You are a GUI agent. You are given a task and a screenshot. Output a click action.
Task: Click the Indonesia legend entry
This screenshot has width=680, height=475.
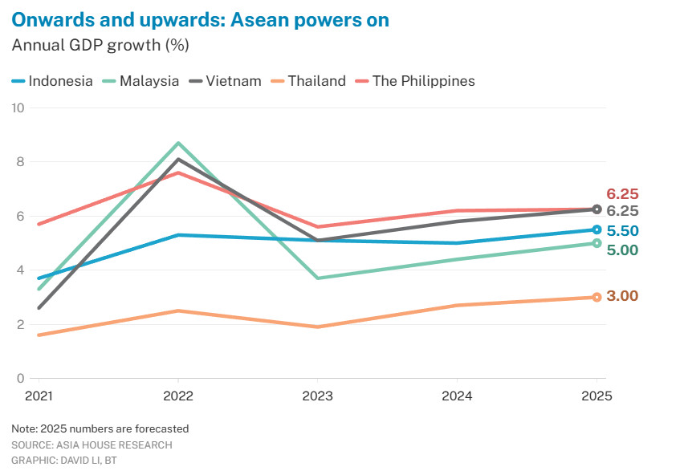coord(53,81)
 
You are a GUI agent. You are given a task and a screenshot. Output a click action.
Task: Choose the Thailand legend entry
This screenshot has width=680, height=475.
coord(308,81)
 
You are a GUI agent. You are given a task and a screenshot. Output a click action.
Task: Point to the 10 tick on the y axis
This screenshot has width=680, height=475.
coord(18,108)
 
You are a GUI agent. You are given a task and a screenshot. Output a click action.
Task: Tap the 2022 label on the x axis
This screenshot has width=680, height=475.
coord(178,396)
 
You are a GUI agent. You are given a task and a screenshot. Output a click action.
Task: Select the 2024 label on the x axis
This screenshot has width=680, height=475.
coord(457,396)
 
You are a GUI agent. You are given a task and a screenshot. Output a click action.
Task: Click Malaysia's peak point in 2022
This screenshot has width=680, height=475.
coord(178,143)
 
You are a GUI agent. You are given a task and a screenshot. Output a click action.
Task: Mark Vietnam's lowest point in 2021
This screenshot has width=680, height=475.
coord(39,307)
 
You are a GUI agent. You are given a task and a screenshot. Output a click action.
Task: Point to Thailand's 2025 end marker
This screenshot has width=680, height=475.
coord(597,297)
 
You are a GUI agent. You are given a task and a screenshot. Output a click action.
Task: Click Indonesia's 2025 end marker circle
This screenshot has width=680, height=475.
coord(597,229)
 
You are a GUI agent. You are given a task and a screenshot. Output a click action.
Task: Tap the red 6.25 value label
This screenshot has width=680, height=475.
coord(622,194)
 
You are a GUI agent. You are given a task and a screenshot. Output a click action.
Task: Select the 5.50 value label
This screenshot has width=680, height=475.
coord(622,231)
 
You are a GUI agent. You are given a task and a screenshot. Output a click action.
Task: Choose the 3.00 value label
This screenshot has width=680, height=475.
coord(622,296)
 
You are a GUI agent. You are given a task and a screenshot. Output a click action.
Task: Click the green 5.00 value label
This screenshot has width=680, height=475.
coord(622,250)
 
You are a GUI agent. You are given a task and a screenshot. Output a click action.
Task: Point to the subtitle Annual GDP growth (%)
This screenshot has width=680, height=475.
coord(100,45)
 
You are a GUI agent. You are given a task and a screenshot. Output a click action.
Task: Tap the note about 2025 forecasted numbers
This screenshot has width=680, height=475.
coord(100,428)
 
